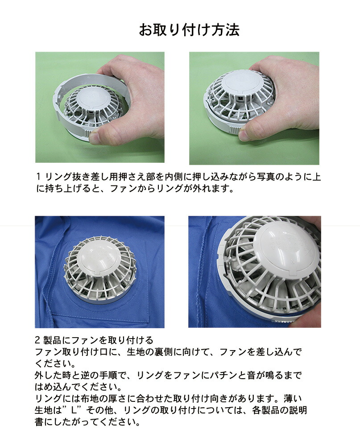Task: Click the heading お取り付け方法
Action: pos(189,30)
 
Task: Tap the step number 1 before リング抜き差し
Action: pos(38,177)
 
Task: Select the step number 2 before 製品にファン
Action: pos(37,340)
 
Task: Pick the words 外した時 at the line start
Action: pos(53,375)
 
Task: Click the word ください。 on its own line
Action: pos(55,363)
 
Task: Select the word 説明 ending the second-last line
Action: pos(298,410)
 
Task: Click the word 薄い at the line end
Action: pos(293,398)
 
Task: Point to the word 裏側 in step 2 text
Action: pos(164,352)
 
